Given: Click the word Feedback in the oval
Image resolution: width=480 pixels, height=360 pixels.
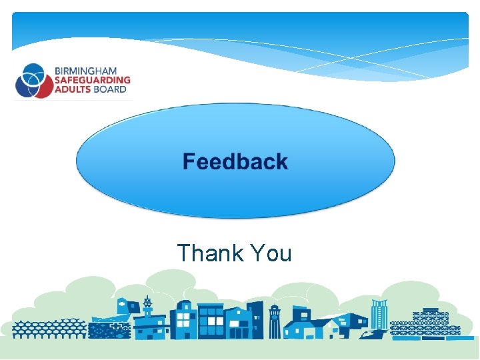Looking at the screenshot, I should point(235,161).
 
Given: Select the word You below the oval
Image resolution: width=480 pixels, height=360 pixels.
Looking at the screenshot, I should point(270,253).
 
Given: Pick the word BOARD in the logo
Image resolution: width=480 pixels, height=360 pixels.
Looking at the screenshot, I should point(109,89).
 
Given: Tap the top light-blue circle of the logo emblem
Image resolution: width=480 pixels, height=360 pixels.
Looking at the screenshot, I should point(33,71).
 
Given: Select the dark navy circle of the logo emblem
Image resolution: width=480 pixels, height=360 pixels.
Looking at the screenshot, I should point(24,83).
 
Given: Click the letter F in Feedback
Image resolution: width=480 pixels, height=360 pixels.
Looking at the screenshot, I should point(189,161).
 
